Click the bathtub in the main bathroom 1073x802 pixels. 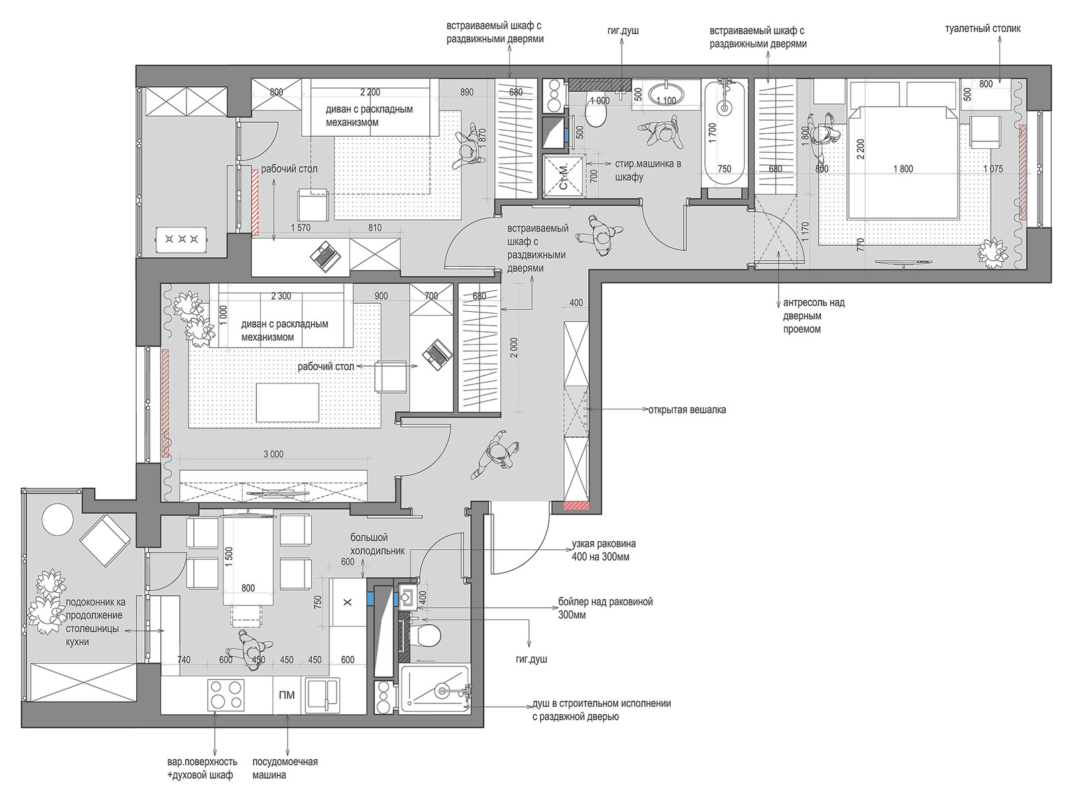click(724, 132)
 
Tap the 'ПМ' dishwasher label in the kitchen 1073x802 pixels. click(286, 695)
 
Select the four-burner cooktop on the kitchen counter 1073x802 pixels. click(226, 695)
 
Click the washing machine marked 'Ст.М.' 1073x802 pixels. click(563, 176)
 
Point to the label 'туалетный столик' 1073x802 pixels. click(982, 29)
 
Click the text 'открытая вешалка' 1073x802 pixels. click(687, 410)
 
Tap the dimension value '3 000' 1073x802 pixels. click(273, 454)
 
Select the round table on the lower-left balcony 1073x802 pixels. click(58, 521)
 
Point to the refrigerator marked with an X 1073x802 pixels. click(347, 602)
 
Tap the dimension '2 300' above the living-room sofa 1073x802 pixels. click(281, 296)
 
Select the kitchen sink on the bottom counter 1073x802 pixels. click(323, 695)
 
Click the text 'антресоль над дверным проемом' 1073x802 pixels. click(813, 316)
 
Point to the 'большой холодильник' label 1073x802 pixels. click(378, 544)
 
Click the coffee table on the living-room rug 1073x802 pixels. click(288, 403)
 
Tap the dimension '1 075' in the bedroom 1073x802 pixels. click(993, 168)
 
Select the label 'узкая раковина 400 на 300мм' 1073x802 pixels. click(604, 550)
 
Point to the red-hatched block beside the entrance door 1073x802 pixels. click(576, 506)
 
